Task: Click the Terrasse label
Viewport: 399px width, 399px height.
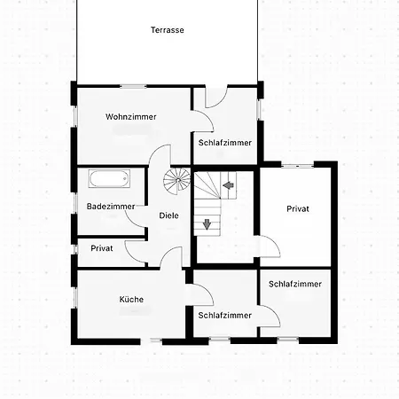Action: click(x=168, y=30)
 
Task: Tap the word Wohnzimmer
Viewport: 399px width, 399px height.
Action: click(x=131, y=117)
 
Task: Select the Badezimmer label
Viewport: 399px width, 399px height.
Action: click(x=111, y=207)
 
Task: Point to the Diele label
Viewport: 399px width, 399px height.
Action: click(x=168, y=215)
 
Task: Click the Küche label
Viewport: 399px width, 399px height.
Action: click(x=131, y=299)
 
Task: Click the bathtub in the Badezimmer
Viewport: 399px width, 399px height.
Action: click(x=109, y=178)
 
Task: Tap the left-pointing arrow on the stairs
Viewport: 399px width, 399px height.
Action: click(x=228, y=185)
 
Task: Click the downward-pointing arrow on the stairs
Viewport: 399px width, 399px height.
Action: click(x=207, y=224)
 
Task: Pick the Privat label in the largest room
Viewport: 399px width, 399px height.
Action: click(x=298, y=209)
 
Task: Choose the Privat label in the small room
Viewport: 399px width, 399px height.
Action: click(x=102, y=248)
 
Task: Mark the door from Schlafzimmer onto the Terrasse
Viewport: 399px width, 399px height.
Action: click(x=216, y=97)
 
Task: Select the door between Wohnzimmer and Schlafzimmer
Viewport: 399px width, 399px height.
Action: click(x=203, y=121)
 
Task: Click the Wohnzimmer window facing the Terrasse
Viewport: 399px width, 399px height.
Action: click(x=133, y=86)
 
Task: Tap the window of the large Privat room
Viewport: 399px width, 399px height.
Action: click(x=297, y=165)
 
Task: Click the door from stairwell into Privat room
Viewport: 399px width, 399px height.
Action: click(x=268, y=246)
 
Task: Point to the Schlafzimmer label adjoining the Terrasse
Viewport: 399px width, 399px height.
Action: click(x=225, y=143)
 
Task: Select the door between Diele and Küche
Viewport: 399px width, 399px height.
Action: click(x=171, y=257)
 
